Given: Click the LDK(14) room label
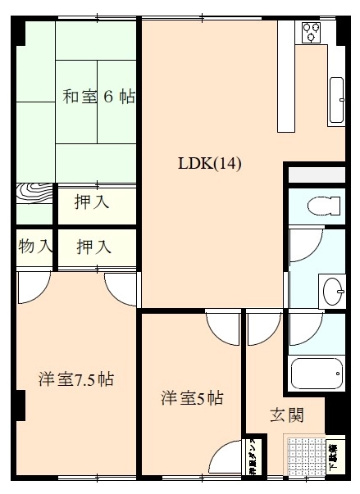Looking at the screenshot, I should pos(210,163).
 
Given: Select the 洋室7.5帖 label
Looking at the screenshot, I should pos(76,379).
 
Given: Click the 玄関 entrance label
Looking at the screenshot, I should pos(287,415).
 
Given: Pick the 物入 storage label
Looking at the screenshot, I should pos(35,246).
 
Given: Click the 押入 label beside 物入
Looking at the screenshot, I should pos(94,246).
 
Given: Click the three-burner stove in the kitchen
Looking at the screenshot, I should pos(312,32).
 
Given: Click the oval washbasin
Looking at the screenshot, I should pos(333,290).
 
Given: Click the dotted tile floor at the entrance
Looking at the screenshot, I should pos(304,455).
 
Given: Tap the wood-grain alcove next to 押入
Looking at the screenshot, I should pos(35,202).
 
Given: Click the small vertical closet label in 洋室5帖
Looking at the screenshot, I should pos(251,460).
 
